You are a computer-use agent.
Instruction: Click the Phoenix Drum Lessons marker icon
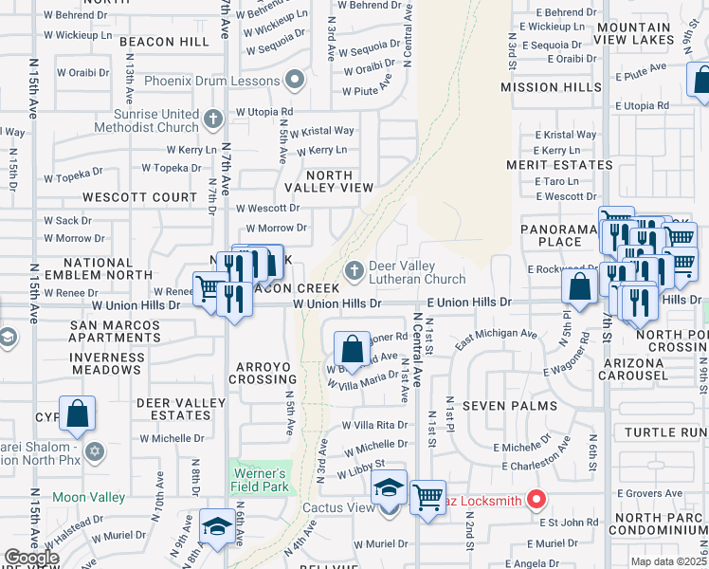(x=295, y=81)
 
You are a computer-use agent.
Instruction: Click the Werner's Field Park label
(x=260, y=480)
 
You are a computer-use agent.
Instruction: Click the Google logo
(x=31, y=558)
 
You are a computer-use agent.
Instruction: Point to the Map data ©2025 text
(x=668, y=561)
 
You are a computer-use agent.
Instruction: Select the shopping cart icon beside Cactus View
(x=427, y=497)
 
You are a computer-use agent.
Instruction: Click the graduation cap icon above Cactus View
(x=389, y=488)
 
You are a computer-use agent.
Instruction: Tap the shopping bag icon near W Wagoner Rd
(x=352, y=349)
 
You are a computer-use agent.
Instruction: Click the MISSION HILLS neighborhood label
(x=551, y=87)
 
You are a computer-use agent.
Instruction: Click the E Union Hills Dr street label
(x=468, y=302)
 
